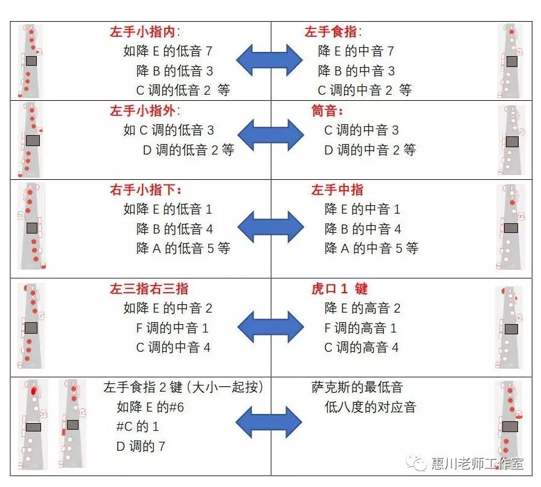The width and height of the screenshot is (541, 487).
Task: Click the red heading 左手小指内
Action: coord(145,32)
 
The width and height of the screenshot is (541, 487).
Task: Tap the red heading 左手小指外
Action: coord(145,111)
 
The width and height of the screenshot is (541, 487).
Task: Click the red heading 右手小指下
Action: coord(145,190)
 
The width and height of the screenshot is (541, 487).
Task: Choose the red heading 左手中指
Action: coord(337,190)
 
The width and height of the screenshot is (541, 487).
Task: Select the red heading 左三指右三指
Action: coord(149,289)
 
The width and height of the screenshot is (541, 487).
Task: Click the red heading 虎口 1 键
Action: coord(339,289)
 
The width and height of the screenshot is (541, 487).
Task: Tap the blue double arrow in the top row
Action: coord(269,60)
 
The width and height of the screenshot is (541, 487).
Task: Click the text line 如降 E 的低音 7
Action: coord(168,51)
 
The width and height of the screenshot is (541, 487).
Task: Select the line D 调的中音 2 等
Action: coord(370,150)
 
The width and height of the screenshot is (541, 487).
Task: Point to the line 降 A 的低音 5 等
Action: coord(183,248)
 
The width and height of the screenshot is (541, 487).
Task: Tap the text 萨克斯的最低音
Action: coord(357,387)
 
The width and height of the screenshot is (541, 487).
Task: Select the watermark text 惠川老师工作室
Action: coord(477,463)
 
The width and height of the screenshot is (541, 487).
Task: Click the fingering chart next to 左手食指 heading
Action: coord(511,61)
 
